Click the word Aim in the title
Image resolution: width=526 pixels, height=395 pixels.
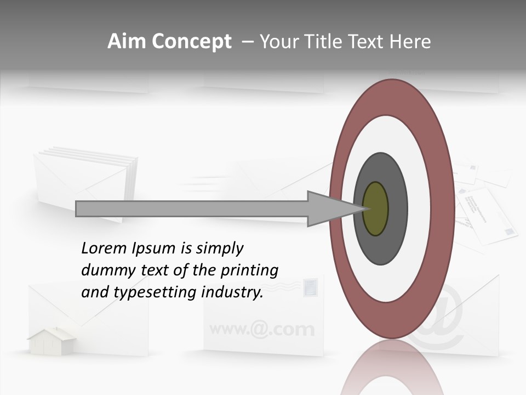click(127, 42)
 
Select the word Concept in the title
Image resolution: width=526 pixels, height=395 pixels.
click(191, 42)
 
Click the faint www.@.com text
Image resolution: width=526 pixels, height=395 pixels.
click(262, 329)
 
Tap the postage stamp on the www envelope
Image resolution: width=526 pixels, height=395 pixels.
click(310, 287)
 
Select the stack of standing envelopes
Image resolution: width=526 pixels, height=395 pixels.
click(85, 181)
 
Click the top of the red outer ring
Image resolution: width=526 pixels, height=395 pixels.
click(392, 88)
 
